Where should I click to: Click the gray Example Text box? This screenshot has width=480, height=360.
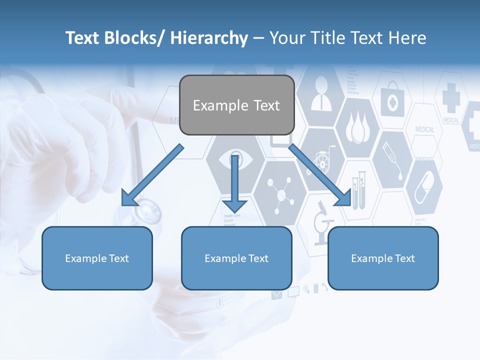click(x=236, y=105)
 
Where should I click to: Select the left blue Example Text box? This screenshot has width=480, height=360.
click(x=97, y=258)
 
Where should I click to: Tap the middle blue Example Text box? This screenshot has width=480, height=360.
click(x=236, y=258)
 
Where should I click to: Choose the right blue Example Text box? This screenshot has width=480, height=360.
click(x=383, y=258)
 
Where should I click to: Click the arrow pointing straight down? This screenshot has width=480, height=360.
click(x=234, y=185)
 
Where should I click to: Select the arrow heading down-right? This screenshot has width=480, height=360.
click(x=320, y=175)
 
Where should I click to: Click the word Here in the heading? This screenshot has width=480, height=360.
click(x=405, y=38)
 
